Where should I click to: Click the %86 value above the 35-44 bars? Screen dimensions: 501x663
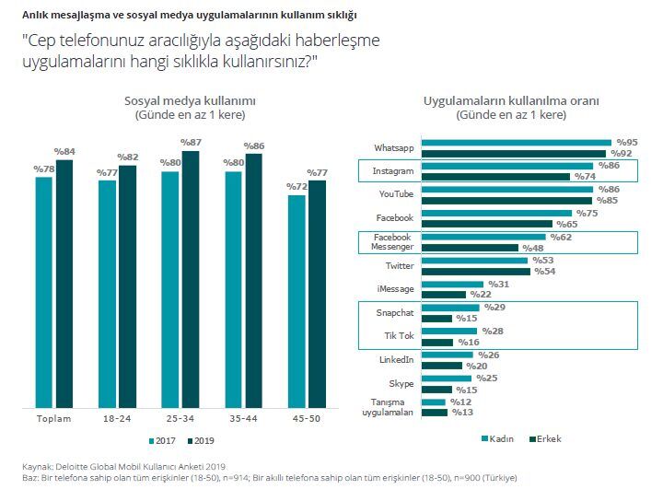tap(254, 146)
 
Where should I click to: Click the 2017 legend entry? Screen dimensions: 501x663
tap(163, 440)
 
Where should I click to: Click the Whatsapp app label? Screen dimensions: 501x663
tap(393, 148)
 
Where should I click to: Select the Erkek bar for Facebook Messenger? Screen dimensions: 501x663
tap(471, 248)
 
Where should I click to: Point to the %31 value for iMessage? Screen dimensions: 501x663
tap(498, 284)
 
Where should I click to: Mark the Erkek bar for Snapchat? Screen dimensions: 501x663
tap(438, 318)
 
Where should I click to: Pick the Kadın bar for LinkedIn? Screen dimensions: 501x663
tap(449, 354)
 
